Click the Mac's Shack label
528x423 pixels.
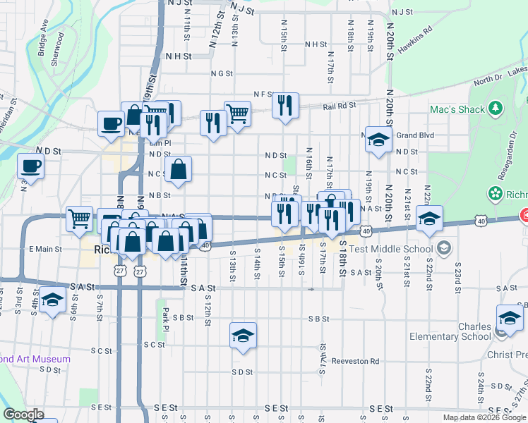coord(457,109)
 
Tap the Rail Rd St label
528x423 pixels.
coord(340,106)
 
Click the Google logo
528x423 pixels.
coord(23,415)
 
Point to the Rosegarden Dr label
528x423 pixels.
coord(462,178)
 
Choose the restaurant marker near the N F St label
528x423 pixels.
coord(285,106)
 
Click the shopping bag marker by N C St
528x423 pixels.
coord(179,169)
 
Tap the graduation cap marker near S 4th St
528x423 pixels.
coord(52,300)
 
